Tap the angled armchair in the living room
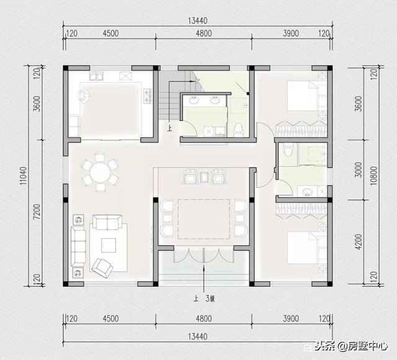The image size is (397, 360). [x=101, y=265]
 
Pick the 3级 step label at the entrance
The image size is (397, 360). [x=210, y=298]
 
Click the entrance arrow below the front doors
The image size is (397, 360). [x=203, y=276]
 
